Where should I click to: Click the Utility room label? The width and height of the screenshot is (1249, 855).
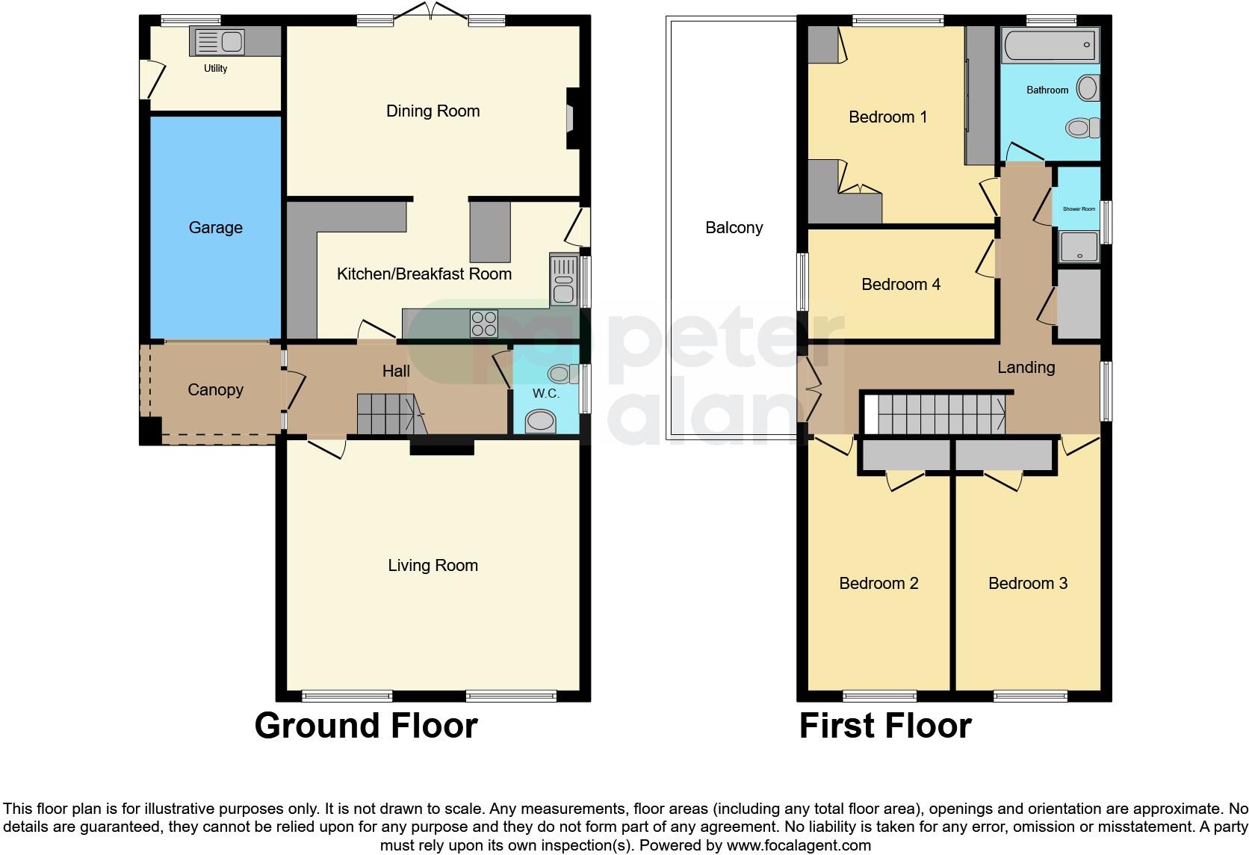point(215,69)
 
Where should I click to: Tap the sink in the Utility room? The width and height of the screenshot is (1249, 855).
point(218,42)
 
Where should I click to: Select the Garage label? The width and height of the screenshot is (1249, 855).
point(215,227)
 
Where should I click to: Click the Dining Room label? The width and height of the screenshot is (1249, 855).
point(433,111)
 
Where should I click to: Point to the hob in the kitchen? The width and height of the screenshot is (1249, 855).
point(483,324)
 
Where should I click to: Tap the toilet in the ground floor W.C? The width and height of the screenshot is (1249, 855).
point(562,374)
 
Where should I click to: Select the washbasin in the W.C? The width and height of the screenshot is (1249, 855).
point(540,422)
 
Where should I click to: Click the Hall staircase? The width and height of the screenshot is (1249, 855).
point(388,415)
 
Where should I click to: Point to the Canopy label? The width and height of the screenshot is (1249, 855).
point(215,389)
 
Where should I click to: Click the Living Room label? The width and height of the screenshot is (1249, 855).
point(433,566)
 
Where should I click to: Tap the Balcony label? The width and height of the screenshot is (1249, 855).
point(734,228)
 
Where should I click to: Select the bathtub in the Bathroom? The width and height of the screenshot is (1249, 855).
point(1049,45)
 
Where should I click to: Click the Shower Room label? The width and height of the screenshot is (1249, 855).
point(1079,209)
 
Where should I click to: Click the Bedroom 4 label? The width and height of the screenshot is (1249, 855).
point(900,285)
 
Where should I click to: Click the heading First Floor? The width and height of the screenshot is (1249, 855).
point(884,726)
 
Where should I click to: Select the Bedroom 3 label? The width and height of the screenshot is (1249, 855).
point(1027,584)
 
